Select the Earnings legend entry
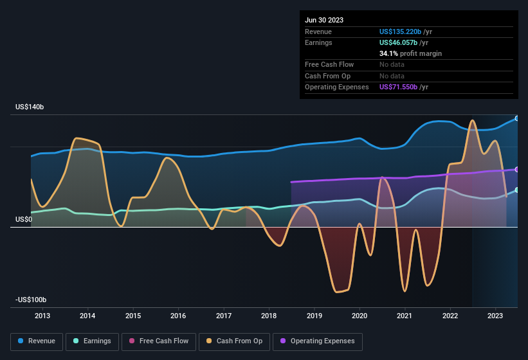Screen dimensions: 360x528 93,341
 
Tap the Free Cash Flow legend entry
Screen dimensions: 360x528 159,341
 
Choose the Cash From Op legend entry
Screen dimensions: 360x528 235,341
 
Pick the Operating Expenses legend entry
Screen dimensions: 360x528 318,341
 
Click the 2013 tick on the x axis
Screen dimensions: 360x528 42,316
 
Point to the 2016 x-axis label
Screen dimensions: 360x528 178,316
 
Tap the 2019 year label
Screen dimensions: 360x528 314,316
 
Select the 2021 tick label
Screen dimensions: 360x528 405,316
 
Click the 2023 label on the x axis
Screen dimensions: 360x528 495,316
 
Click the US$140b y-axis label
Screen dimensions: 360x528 30,107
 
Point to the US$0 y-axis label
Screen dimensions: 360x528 23,219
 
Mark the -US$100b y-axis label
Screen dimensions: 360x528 31,300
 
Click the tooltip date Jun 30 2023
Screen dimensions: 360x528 324,20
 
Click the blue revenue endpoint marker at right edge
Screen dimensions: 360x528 517,118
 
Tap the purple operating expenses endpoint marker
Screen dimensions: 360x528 517,169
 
